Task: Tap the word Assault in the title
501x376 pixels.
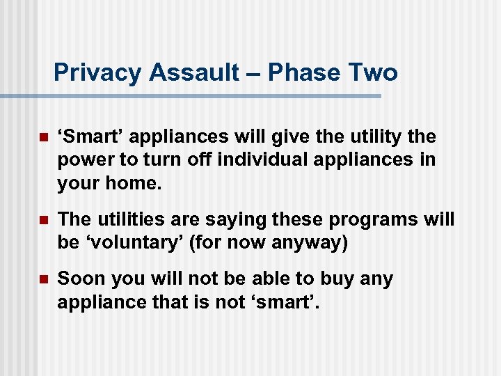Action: [x=190, y=72]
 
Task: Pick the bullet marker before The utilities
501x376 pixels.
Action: [x=42, y=220]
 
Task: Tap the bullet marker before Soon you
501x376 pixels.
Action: [x=42, y=279]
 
